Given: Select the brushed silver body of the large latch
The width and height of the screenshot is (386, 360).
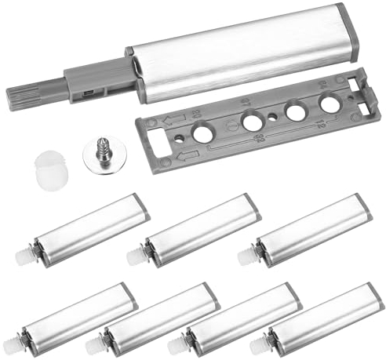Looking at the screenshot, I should [235, 55].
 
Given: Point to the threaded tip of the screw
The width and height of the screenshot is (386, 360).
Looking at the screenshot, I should [100, 145].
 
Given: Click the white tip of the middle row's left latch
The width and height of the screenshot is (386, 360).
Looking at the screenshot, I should [21, 256].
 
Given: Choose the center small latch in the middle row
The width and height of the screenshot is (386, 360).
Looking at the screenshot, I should [200, 232].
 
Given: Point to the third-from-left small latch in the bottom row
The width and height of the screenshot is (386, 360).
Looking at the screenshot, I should [240, 319].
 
